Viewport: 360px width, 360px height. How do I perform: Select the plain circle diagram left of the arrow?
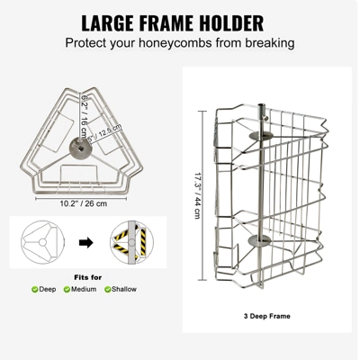coord(39,243)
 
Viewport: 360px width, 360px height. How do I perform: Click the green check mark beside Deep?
coord(35,289)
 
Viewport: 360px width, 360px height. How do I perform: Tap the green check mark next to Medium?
coord(67,289)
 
